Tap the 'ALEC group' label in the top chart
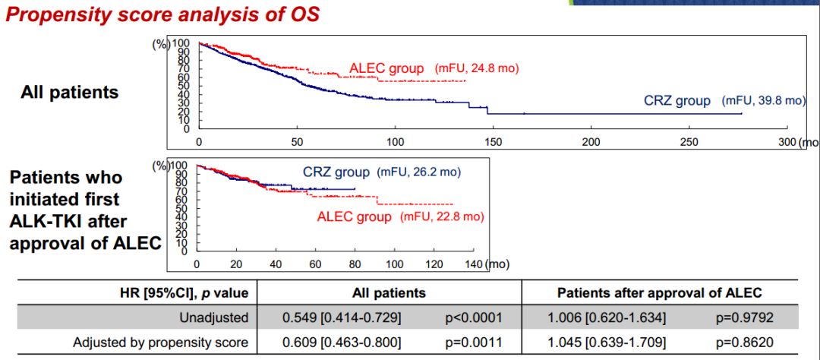(x=386, y=68)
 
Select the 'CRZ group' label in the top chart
(x=677, y=100)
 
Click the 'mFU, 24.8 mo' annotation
(x=477, y=68)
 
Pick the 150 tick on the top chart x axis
(x=493, y=142)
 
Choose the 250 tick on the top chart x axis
(x=689, y=142)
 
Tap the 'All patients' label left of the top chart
(x=70, y=92)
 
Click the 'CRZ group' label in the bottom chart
(x=336, y=172)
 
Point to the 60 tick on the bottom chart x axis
(x=315, y=264)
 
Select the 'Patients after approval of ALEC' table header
(x=659, y=292)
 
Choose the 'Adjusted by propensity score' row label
(x=160, y=343)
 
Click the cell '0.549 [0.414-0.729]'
(x=342, y=317)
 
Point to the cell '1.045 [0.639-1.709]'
(x=607, y=343)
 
